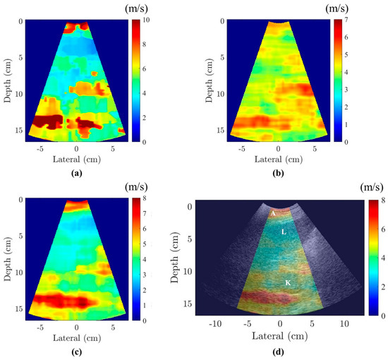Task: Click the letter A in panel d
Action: (272, 212)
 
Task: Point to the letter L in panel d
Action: (283, 231)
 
